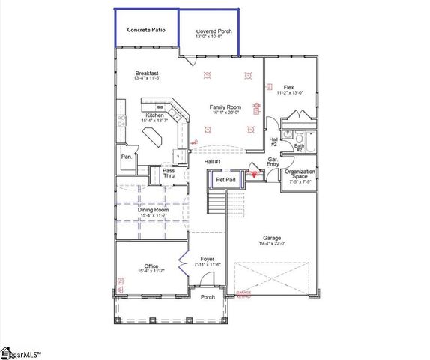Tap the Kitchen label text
click(x=144, y=115)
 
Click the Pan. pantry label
click(x=127, y=157)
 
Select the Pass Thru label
click(x=169, y=174)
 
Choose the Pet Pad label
click(x=226, y=180)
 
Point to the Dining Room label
click(x=152, y=213)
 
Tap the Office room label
click(x=151, y=267)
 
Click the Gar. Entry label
click(x=274, y=163)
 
